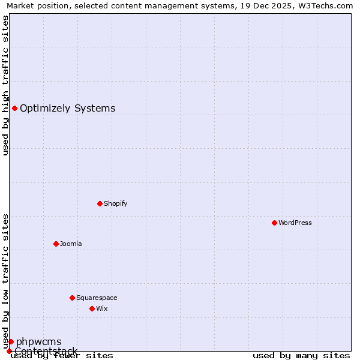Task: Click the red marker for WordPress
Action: pyautogui.click(x=274, y=223)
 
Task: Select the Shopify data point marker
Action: pyautogui.click(x=100, y=203)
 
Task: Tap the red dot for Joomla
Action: pyautogui.click(x=56, y=244)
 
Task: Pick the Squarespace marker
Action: pyautogui.click(x=72, y=298)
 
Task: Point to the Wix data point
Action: pyautogui.click(x=92, y=308)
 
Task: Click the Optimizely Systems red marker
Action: pyautogui.click(x=14, y=108)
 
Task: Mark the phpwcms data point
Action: pyautogui.click(x=11, y=341)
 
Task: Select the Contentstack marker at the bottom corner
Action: pyautogui.click(x=9, y=351)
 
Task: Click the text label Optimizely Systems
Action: pyautogui.click(x=67, y=109)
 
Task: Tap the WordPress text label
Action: pyautogui.click(x=295, y=223)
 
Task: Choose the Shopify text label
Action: pyautogui.click(x=115, y=203)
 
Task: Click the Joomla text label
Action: pyautogui.click(x=71, y=244)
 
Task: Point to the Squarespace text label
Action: pyautogui.click(x=97, y=298)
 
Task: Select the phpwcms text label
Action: pyautogui.click(x=38, y=342)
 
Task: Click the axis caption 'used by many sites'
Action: pyautogui.click(x=301, y=355)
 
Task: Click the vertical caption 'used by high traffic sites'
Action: pyautogui.click(x=5, y=85)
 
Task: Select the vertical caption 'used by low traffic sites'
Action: pyautogui.click(x=5, y=281)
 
